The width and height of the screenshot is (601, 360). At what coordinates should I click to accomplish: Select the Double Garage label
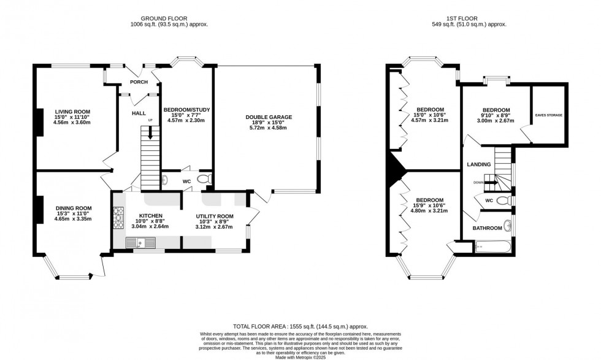coord(269,117)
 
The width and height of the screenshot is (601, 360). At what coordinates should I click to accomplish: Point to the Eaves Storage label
coord(548,115)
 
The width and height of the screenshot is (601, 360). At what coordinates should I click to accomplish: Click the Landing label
coord(479,164)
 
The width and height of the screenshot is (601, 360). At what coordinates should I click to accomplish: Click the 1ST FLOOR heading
coord(448,18)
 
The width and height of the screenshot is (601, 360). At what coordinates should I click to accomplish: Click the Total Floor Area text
coord(300,327)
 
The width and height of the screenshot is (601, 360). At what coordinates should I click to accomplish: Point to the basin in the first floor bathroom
coord(507,224)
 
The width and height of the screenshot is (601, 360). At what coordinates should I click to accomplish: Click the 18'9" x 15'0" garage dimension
coord(269,123)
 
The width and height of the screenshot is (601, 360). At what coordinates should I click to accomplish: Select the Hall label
coord(139,113)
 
